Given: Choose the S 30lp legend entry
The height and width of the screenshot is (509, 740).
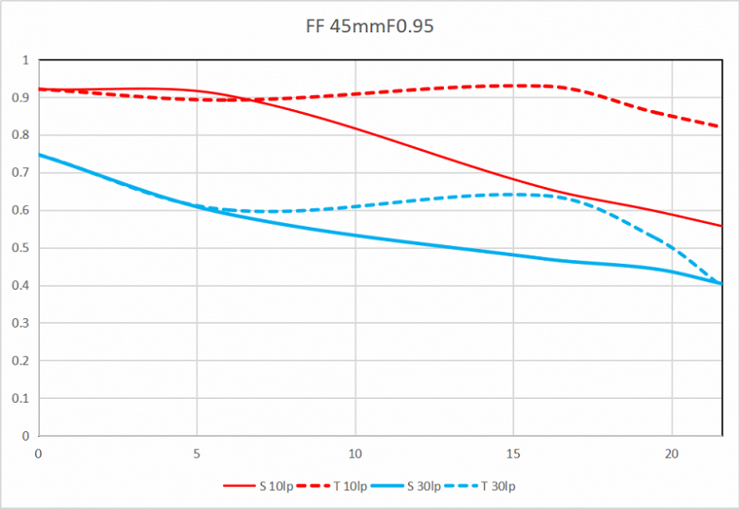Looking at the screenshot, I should (x=424, y=487).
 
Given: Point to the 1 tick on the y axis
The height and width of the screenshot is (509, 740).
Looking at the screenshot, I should (x=26, y=60).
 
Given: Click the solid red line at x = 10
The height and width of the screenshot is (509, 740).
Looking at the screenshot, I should (x=355, y=128).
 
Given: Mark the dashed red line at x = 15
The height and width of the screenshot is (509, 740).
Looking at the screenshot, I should (x=513, y=85).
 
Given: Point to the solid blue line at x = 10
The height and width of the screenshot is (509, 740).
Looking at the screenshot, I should (x=355, y=236).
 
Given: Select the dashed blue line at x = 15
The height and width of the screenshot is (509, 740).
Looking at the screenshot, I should (x=513, y=195).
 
